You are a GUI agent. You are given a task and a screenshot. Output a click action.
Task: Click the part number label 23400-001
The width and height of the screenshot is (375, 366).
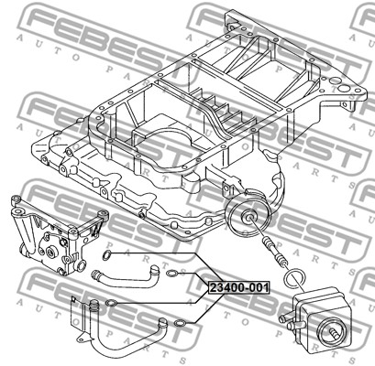(x=239, y=287)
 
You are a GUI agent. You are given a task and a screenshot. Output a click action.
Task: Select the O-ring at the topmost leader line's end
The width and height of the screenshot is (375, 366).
(x=105, y=254)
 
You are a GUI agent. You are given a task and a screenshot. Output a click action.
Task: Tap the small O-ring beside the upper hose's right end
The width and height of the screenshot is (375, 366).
(x=172, y=274)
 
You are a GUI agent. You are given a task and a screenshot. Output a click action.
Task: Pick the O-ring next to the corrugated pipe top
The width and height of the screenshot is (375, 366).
(x=111, y=303)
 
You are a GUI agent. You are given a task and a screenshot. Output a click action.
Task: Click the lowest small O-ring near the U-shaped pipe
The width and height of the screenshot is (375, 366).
(x=179, y=323)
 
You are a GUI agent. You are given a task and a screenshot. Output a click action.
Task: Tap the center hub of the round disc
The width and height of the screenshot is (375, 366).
(x=248, y=217)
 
